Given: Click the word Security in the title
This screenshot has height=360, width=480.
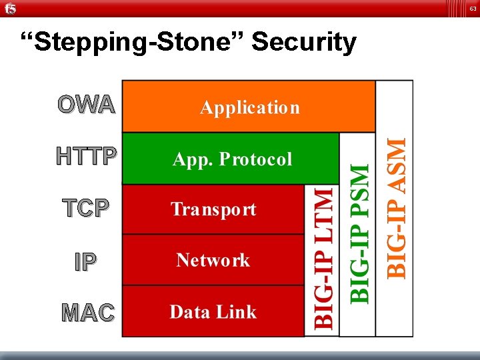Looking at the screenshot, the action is coord(304,42).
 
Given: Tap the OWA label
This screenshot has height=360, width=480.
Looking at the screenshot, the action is coord(86,105).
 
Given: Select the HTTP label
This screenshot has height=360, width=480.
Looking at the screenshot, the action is coord(87,157).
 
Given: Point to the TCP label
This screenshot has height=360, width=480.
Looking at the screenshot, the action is coord(85,208).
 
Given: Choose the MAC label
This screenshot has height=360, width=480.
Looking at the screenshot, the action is coord(87,312).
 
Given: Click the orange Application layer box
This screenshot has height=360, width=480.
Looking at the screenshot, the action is coord(249,107).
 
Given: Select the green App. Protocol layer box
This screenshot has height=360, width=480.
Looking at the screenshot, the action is coord(231,159).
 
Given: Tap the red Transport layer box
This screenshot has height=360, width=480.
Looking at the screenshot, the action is coord(213,209).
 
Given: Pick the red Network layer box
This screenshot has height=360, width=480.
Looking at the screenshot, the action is coord(213,260).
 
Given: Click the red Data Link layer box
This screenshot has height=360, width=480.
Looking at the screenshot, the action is coord(213,311).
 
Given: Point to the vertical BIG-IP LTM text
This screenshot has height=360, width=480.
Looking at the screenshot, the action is coord(323,258).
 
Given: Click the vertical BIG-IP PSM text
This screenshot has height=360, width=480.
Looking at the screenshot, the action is coord(359,233).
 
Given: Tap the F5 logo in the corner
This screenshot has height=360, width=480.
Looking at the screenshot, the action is coord(9,9).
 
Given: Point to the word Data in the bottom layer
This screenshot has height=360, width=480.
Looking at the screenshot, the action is coord(190,311).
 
